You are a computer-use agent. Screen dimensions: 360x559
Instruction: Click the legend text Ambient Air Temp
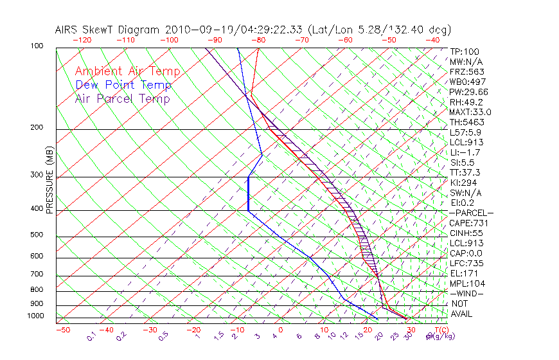click(x=127, y=71)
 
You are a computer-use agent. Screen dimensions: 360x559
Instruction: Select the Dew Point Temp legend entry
click(x=123, y=85)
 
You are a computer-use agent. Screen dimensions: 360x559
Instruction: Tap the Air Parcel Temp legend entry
click(x=122, y=98)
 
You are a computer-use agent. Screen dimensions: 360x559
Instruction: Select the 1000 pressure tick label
click(x=36, y=316)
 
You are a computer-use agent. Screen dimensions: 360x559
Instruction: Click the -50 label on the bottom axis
click(x=62, y=330)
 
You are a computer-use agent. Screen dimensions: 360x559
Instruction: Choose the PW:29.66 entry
click(x=468, y=92)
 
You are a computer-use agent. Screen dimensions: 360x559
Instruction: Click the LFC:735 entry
click(x=466, y=264)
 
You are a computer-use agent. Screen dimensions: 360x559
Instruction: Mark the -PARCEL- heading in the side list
click(x=471, y=213)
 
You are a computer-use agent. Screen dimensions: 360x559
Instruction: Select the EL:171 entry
click(x=464, y=273)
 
